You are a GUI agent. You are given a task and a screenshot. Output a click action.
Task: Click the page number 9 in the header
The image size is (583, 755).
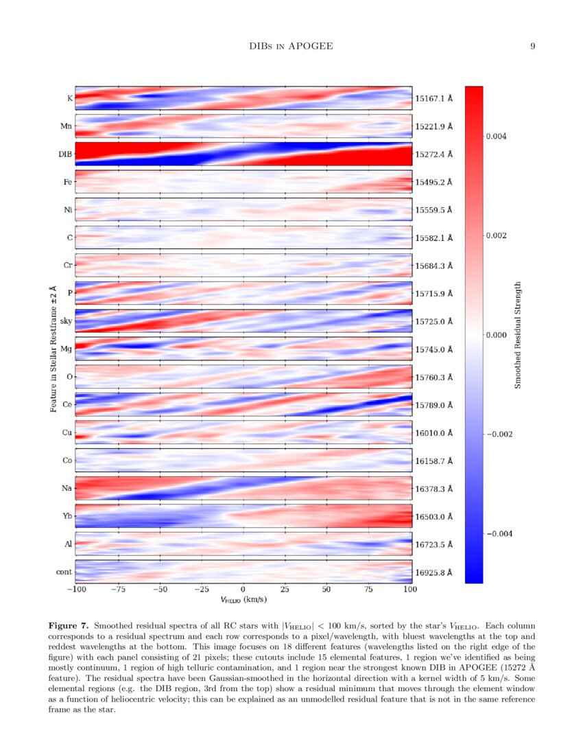pos(532,46)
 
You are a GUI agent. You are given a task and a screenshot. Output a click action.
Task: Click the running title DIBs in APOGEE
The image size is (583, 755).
pos(291,46)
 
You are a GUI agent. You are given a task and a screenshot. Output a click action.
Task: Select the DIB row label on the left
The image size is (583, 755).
pos(66,154)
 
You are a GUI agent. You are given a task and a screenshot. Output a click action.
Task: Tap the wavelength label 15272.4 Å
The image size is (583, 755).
pos(434,154)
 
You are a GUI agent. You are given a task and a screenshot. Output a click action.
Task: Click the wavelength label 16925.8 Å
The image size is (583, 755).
pos(434,572)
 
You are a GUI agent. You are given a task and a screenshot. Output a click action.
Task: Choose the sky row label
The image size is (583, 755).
pos(66,321)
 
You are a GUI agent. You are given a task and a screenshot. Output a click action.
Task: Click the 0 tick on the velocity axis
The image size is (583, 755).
pos(243,590)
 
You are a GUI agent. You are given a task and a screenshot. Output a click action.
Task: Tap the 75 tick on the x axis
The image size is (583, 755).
pos(368,590)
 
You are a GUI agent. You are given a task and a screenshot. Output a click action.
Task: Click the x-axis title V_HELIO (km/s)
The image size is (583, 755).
pos(243,599)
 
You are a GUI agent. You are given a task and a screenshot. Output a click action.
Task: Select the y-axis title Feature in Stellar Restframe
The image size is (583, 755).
pos(53,349)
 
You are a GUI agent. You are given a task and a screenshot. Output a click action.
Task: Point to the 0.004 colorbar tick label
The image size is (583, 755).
pos(497,137)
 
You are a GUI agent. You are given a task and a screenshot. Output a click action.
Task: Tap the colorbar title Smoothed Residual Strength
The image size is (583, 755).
pos(518,335)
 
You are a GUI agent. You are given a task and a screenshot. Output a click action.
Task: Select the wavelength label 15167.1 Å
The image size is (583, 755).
pos(434,99)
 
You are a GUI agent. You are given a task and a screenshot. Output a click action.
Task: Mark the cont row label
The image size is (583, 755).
pos(64,572)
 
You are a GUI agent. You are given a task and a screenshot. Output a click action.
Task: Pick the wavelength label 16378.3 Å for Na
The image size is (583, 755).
pos(434,489)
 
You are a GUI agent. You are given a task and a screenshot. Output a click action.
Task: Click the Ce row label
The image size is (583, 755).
pos(67,405)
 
